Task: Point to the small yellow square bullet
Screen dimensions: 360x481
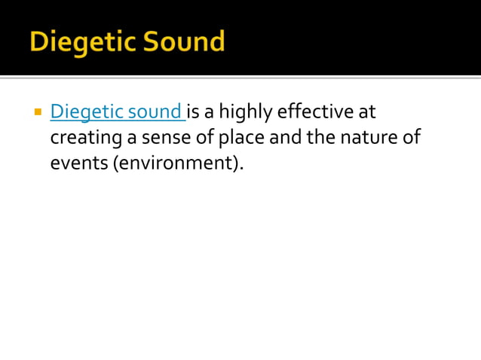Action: coord(36,113)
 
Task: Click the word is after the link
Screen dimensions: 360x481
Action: coord(193,113)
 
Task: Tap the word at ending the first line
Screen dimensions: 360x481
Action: coord(366,113)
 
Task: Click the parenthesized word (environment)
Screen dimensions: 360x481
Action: coord(178,163)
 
